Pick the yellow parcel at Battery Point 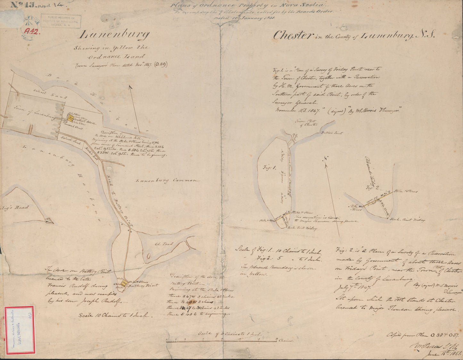(x=124, y=283)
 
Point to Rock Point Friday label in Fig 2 (x=408, y=220)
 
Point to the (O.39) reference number (x=160, y=64)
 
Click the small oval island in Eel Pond (x=149, y=256)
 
